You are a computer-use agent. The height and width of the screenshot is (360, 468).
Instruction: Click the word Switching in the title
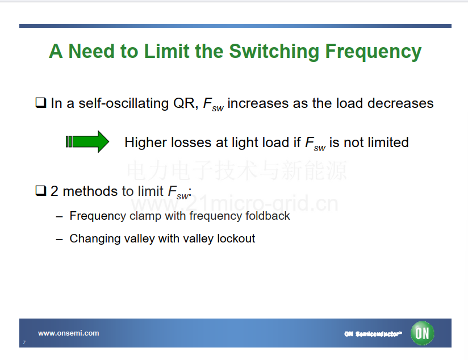(274, 52)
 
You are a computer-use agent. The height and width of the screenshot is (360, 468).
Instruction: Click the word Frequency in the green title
(373, 52)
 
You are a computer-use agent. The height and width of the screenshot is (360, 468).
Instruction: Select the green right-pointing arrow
(87, 141)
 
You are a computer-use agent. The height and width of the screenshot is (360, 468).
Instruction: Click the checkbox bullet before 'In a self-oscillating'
(41, 103)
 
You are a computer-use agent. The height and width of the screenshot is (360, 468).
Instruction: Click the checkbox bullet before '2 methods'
(41, 190)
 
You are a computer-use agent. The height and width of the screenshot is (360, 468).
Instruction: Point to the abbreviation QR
(186, 103)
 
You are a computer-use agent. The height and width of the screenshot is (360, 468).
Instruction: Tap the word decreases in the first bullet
(400, 103)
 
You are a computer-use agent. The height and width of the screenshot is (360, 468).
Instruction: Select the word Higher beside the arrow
(145, 143)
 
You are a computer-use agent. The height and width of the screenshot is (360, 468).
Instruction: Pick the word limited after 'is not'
(388, 142)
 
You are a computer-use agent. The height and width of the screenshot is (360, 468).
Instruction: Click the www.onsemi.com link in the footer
(69, 333)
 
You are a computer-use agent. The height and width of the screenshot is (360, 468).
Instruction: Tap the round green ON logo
(422, 333)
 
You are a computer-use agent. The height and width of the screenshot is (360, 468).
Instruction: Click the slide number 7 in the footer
(24, 342)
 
